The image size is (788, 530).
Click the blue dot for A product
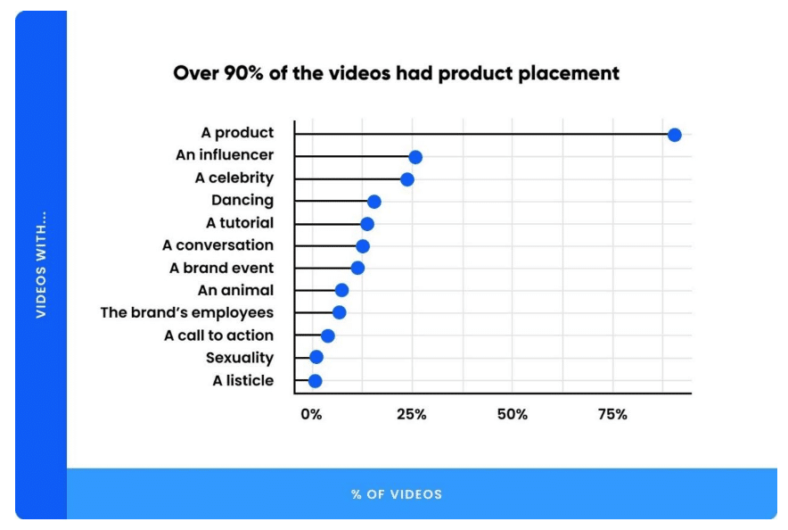(675, 135)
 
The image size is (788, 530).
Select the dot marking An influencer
(415, 157)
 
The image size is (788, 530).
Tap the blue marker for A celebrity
(407, 179)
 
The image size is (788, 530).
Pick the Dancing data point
(373, 202)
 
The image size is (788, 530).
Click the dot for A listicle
(315, 381)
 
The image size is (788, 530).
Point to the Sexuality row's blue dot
(316, 357)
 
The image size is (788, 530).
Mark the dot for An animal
(341, 290)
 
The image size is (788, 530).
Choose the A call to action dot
(328, 335)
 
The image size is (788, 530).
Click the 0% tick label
(311, 414)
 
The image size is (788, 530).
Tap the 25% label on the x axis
(412, 414)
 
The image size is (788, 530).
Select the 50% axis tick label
(512, 414)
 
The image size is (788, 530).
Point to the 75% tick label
(612, 414)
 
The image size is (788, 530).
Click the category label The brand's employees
(187, 313)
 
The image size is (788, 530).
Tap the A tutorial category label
(240, 223)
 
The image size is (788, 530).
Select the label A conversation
(218, 245)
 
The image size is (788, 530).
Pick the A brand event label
(222, 268)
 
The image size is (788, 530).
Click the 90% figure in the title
(243, 73)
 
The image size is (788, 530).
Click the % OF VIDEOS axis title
(397, 494)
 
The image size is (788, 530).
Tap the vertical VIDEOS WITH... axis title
(41, 264)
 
